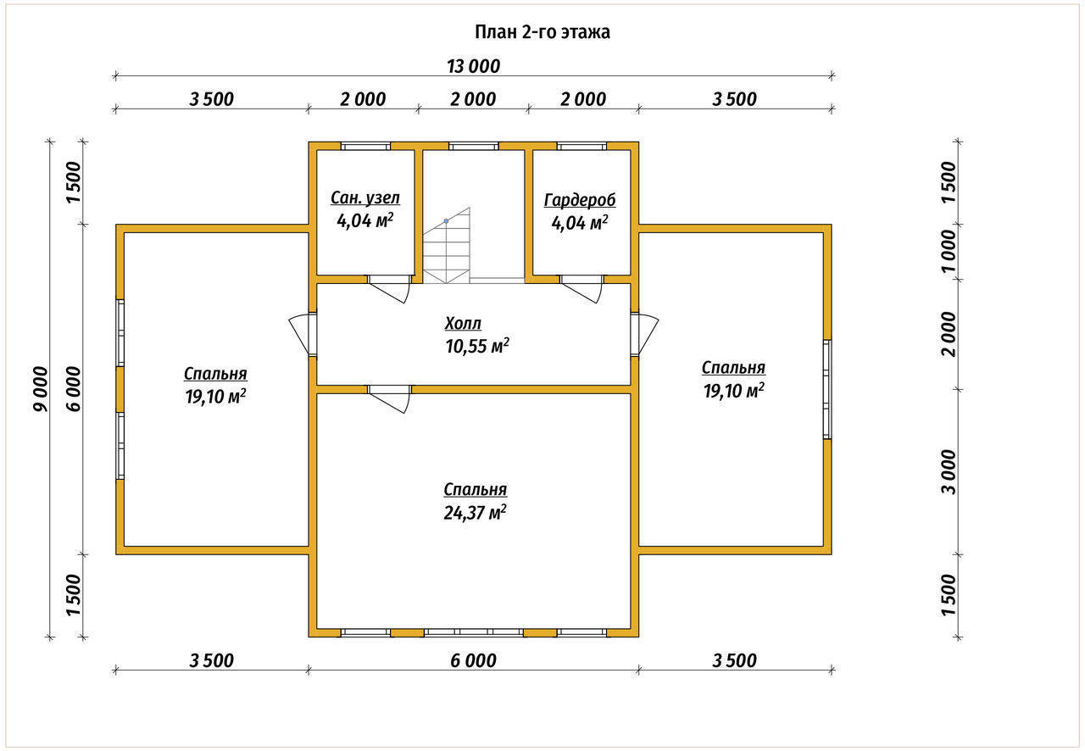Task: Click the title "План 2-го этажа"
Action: point(542,32)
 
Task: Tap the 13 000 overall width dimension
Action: point(473,66)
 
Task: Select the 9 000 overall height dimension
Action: point(41,389)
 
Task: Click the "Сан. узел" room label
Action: point(365,197)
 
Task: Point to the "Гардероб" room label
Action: point(580,200)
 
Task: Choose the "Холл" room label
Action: point(463,323)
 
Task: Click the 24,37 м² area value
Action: point(476,512)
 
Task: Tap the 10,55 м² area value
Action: point(477,346)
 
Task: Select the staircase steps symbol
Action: point(446,246)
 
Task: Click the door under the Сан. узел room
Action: point(389,289)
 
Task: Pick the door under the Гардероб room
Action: point(582,289)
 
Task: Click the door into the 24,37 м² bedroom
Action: point(389,399)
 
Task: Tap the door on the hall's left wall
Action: point(303,334)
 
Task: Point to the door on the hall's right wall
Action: point(644,334)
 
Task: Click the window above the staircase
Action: point(473,146)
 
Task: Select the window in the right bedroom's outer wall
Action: point(827,389)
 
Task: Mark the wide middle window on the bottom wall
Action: point(473,632)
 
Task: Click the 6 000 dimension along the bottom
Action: point(473,660)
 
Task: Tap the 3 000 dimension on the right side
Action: point(949,472)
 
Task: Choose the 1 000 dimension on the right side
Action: point(949,252)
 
